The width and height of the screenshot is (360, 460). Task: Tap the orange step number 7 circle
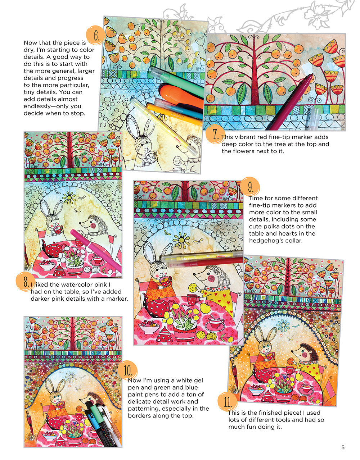point(215,136)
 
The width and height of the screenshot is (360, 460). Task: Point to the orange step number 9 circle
point(250,186)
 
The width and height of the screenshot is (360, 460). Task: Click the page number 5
point(343,447)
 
